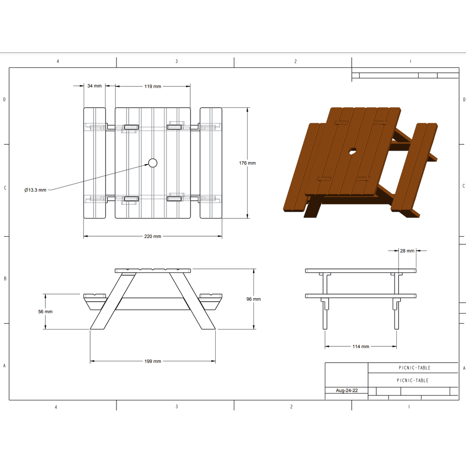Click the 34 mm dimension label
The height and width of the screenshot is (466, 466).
click(95, 86)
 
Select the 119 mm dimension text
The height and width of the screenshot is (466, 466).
click(153, 86)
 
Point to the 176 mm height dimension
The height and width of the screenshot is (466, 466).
click(247, 163)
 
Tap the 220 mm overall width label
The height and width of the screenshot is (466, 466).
click(153, 236)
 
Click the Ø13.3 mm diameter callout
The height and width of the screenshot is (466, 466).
click(35, 190)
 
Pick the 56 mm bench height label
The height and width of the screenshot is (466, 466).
click(45, 311)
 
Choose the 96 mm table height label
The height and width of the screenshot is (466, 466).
click(253, 299)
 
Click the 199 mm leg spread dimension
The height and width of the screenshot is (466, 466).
click(153, 361)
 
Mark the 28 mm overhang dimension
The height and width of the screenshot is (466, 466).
click(407, 251)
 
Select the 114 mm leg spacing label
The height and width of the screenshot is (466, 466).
click(361, 346)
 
